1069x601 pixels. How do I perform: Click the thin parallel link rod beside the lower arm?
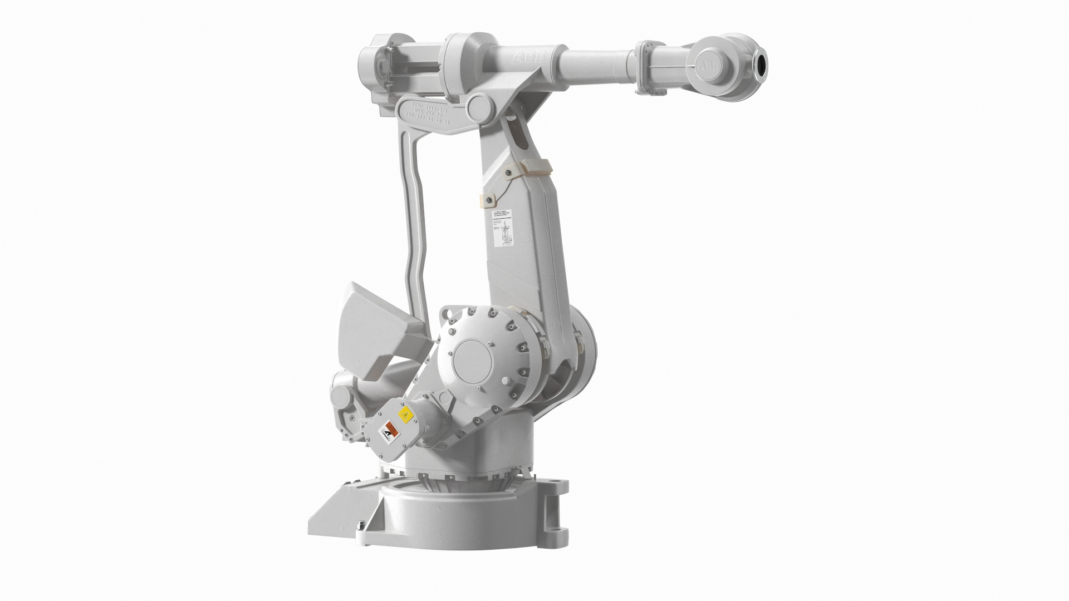tap(412, 223)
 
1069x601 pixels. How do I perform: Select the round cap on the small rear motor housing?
tap(340, 398)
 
